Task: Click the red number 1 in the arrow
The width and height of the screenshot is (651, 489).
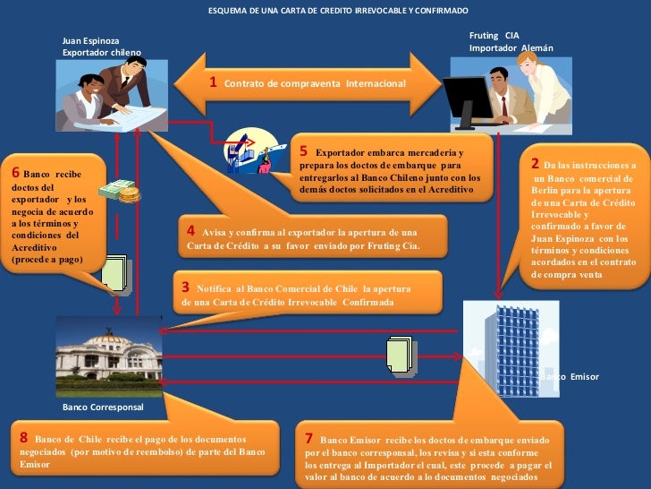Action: tap(214, 81)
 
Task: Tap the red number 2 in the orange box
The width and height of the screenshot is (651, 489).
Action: tap(535, 164)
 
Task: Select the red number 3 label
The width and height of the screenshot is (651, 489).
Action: tap(185, 287)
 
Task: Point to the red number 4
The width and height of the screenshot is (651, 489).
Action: tap(190, 229)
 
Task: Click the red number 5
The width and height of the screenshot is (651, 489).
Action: tap(304, 151)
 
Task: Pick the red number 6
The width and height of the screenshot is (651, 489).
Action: tap(16, 172)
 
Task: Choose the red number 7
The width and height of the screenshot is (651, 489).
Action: tap(309, 438)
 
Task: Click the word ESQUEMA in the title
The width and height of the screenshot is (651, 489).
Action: tap(228, 11)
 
